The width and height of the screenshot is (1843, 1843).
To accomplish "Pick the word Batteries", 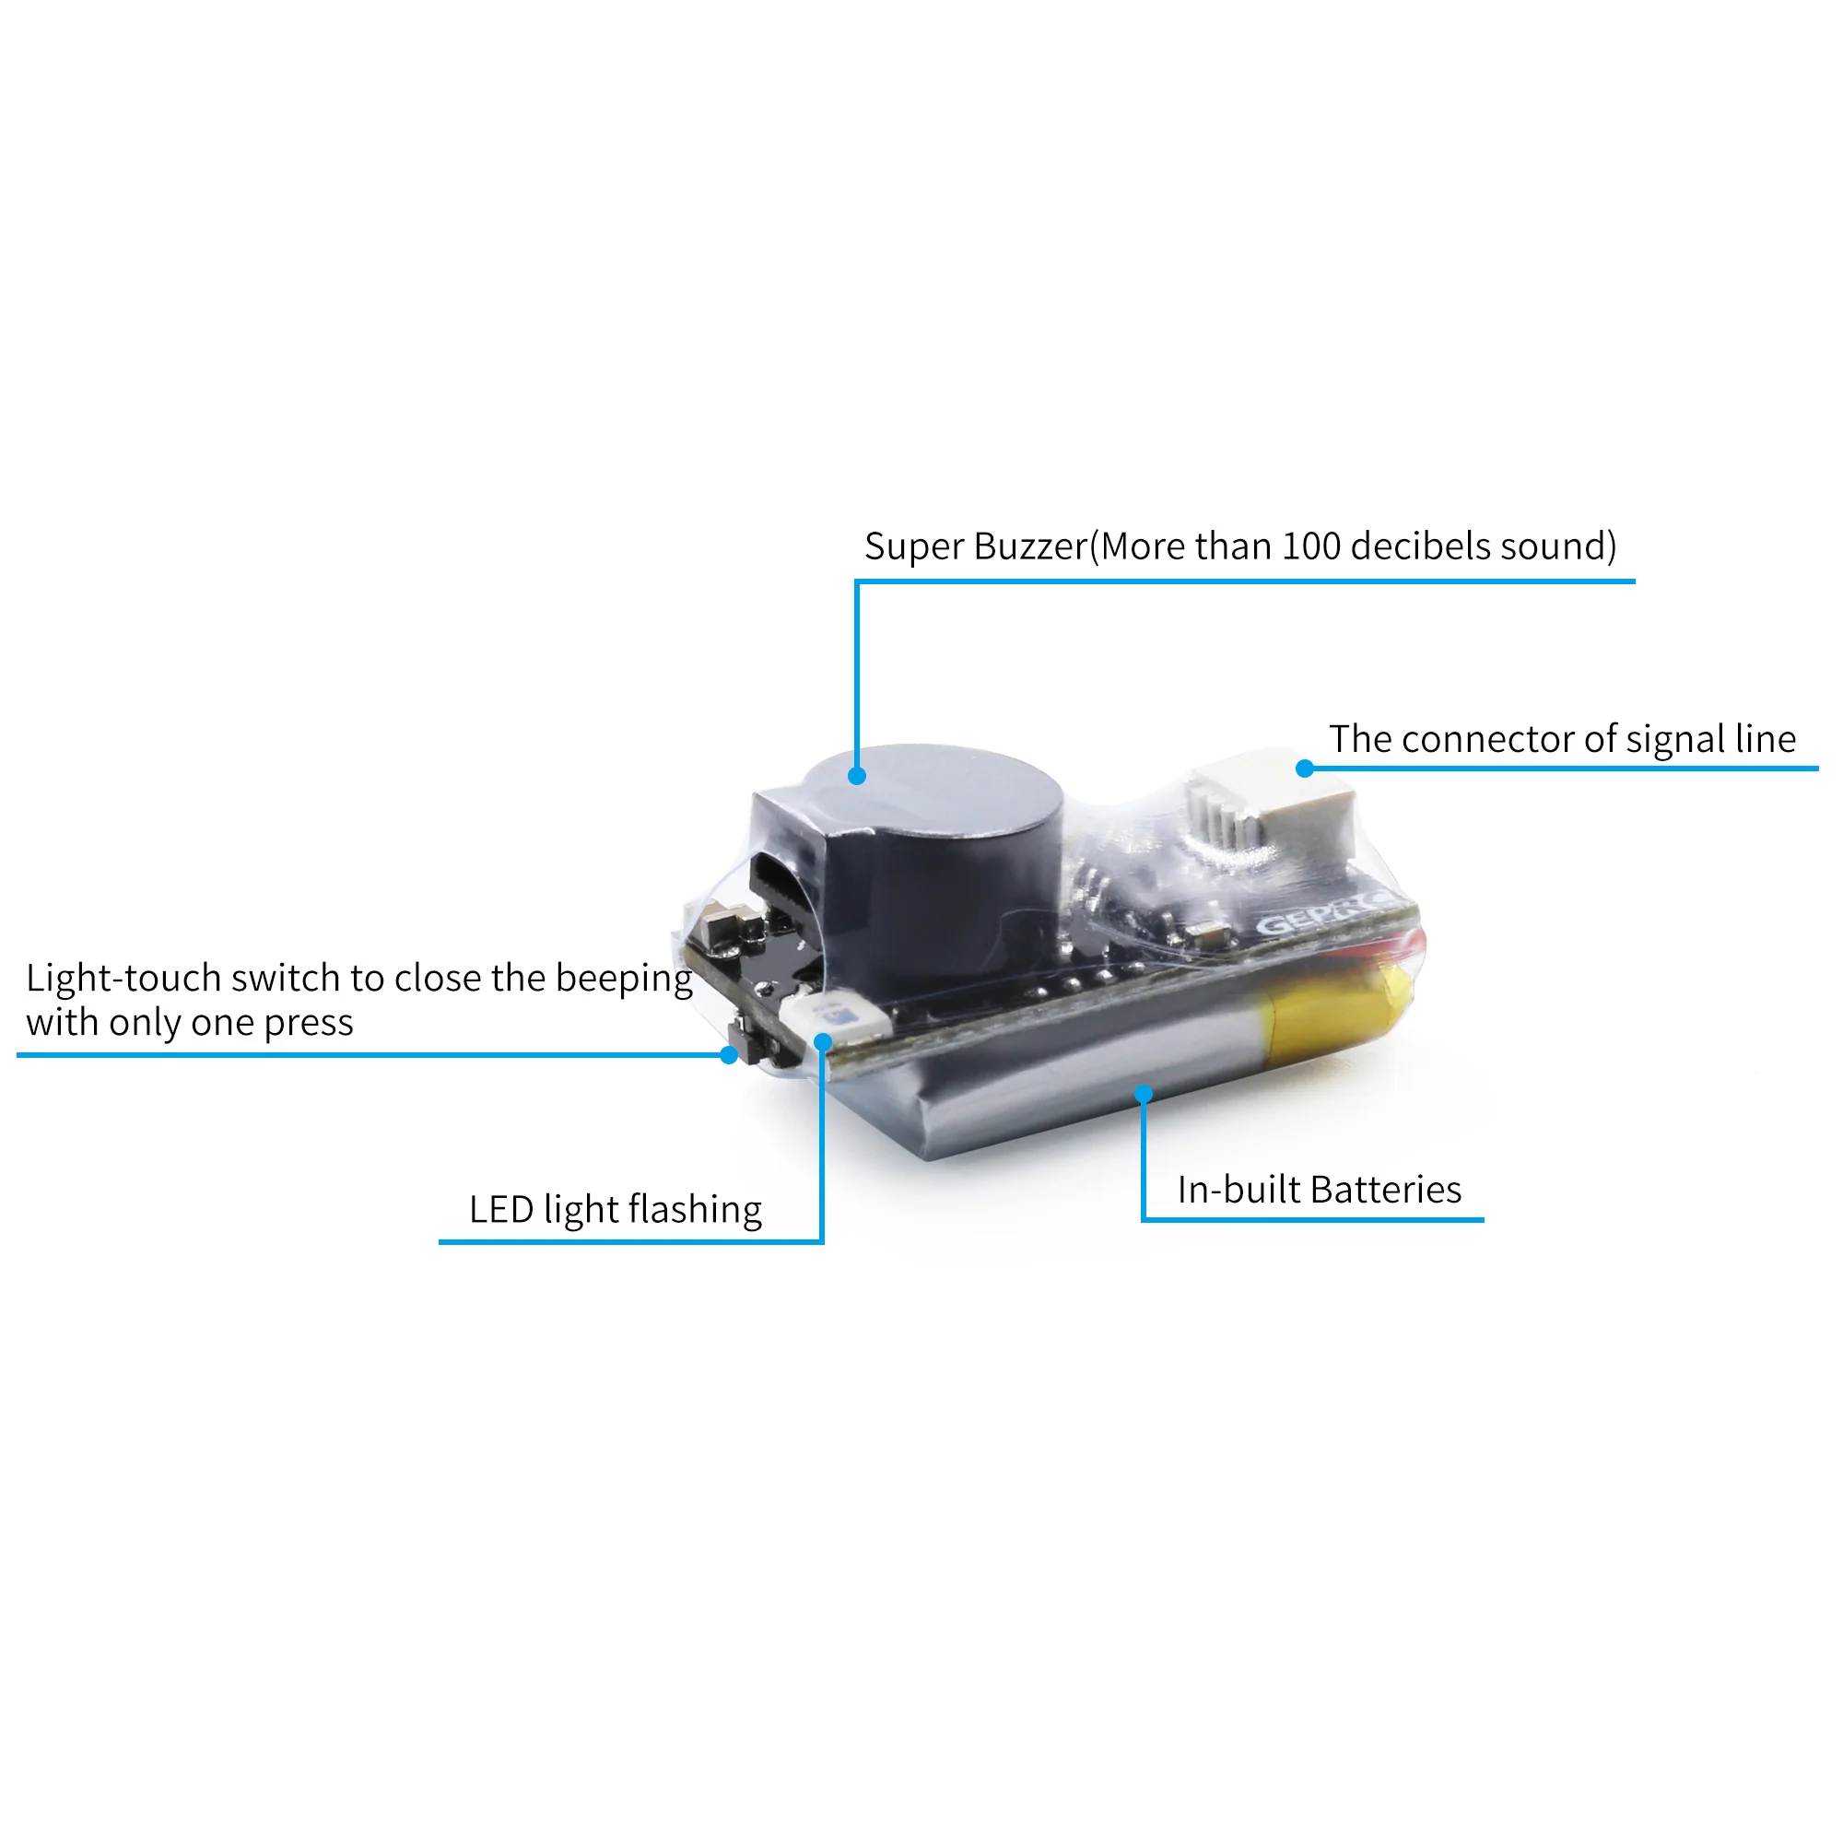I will click(1385, 1190).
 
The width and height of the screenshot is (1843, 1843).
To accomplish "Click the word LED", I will click(500, 1210).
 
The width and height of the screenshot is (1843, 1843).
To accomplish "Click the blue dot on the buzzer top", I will click(857, 777).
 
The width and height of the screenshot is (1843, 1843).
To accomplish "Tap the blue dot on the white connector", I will click(1304, 769).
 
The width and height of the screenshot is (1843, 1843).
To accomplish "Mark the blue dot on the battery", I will click(1144, 1094).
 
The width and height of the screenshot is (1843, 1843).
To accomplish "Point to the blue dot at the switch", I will click(729, 1055).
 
